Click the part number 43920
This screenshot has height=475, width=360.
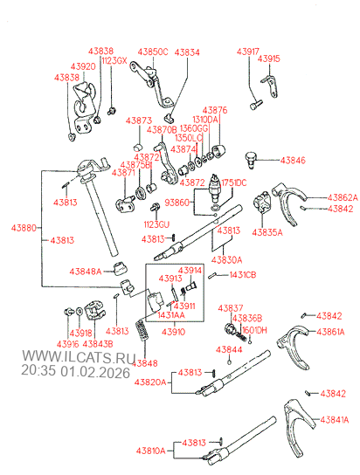coord(84,65)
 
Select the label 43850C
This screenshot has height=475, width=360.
coord(150,52)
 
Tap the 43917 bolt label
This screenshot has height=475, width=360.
coord(246,52)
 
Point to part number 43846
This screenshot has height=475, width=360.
coord(293,161)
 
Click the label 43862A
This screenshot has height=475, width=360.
coord(342,197)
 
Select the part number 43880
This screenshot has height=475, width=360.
coord(24,227)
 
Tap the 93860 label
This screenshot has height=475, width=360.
coord(177,202)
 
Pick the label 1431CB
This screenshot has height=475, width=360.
coord(243,275)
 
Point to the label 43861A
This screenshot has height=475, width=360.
coord(330,331)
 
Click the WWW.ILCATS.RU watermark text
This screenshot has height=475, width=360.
coord(78,358)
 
